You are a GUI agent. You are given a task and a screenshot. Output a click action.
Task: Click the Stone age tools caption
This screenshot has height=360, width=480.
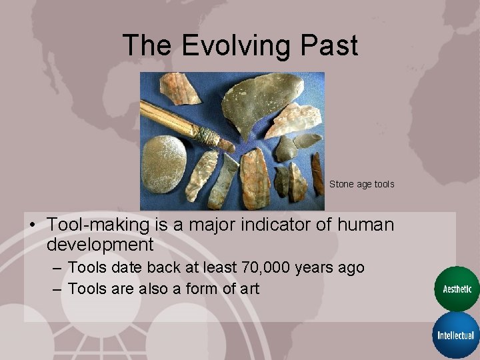coord(361,184)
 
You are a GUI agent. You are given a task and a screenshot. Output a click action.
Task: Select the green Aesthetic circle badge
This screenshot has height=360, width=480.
coord(457,289)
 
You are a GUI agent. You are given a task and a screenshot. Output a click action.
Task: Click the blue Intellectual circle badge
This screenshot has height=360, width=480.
coord(457,335)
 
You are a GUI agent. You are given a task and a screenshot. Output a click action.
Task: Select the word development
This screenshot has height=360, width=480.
coord(100,244)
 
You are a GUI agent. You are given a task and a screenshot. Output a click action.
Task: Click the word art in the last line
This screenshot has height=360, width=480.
coord(247,289)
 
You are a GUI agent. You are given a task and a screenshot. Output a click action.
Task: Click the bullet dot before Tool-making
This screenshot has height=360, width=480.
coord(32,225)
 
